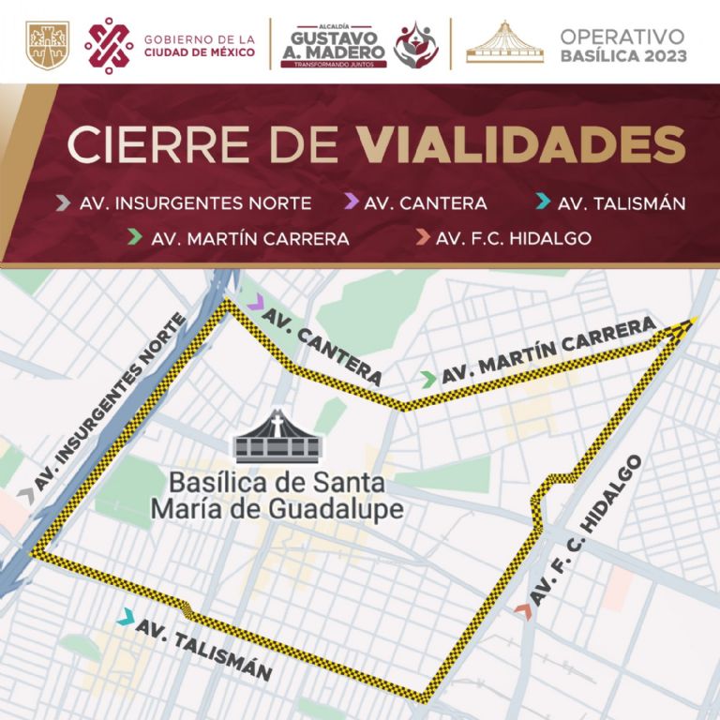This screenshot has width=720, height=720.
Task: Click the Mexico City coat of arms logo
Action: click(47, 45)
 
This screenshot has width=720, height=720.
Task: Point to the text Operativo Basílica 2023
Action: click(622, 45)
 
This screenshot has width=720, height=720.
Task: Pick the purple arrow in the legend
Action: click(351, 202)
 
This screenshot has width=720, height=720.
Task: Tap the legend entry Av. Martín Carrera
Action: click(249, 238)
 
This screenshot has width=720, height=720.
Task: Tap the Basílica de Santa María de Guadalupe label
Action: click(277, 496)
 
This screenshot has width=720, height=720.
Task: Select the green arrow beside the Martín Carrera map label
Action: click(428, 379)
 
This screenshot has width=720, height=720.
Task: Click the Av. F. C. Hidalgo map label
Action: click(587, 529)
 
